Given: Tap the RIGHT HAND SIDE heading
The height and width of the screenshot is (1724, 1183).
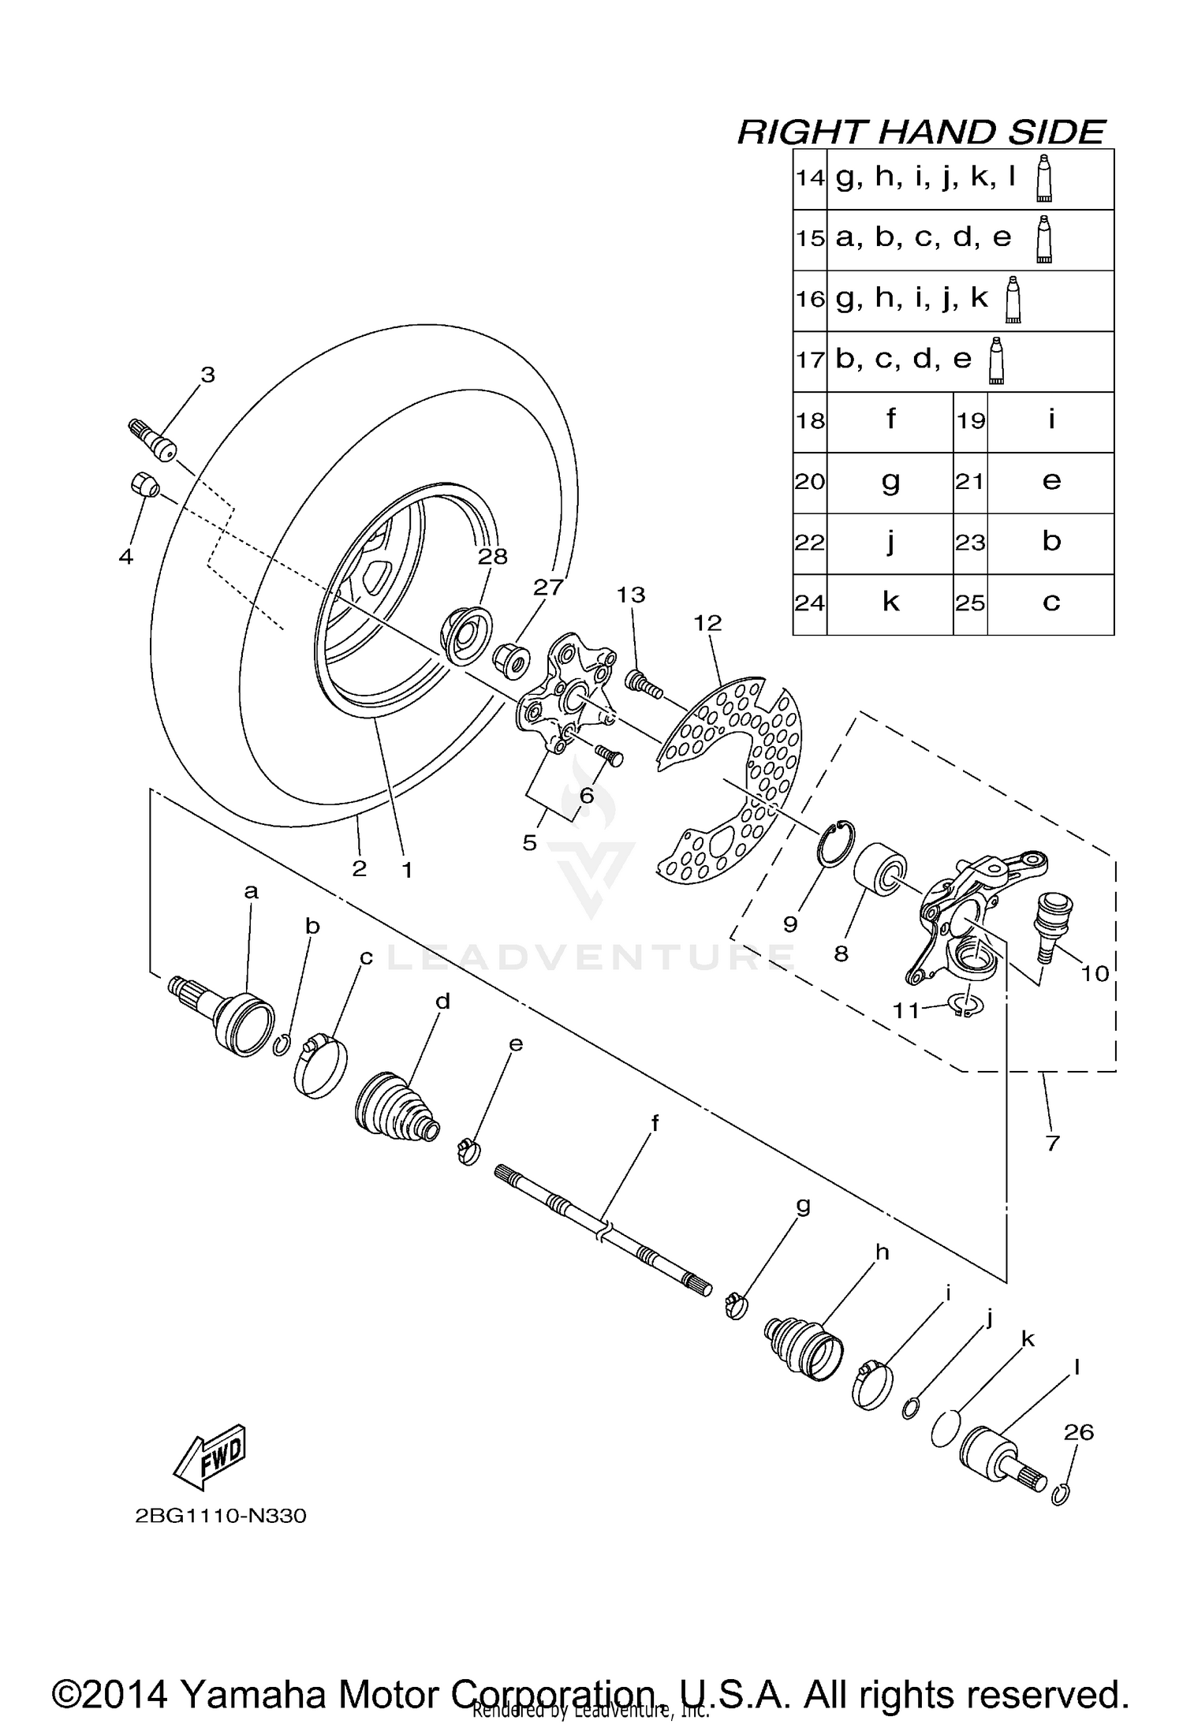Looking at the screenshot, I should (x=920, y=132).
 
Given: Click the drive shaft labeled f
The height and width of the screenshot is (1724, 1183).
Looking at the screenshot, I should (x=603, y=1235).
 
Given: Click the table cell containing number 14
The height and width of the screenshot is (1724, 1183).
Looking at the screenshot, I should (x=809, y=179).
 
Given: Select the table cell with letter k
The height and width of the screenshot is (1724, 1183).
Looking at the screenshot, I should (x=890, y=603).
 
